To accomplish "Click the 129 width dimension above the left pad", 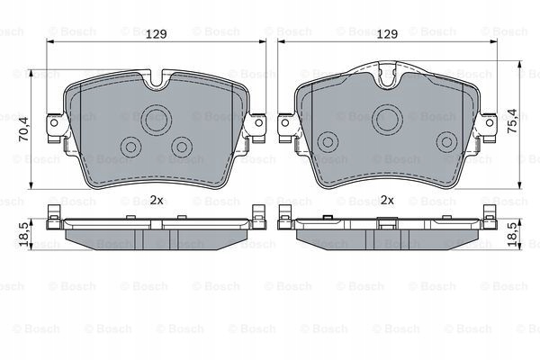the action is click(157, 34).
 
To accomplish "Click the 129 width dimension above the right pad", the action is click(387, 34).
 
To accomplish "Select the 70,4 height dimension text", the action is click(24, 130).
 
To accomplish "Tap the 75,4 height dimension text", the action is click(512, 121).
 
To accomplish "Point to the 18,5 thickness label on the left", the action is click(24, 234).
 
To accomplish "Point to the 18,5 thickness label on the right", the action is click(512, 234).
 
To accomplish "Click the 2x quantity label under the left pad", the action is click(157, 200).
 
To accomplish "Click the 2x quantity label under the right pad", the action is click(387, 200).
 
